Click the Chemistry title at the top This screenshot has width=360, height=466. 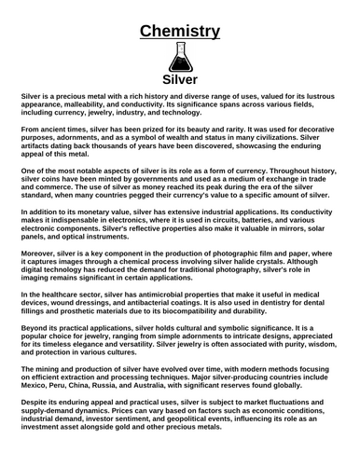coord(180,32)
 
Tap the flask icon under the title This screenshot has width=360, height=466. coord(180,57)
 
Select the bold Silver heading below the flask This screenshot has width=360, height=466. coord(180,79)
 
